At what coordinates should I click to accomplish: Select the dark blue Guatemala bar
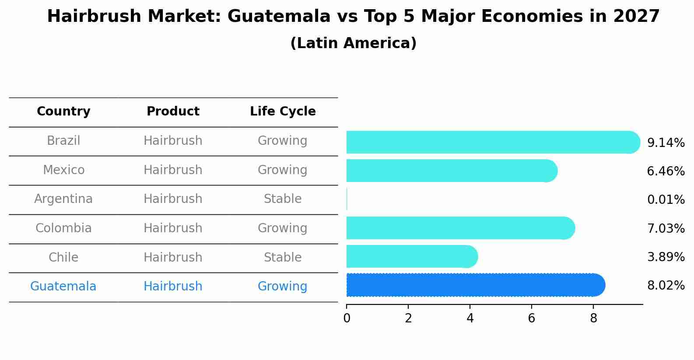[475, 285]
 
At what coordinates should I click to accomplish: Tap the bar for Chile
[411, 256]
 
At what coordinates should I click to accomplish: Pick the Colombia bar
[459, 228]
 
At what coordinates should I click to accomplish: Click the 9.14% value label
[666, 143]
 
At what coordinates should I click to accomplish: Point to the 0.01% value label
[666, 200]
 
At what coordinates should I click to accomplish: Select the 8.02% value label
[666, 286]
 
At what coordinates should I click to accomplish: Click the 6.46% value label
[666, 171]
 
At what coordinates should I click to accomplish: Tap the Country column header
[63, 112]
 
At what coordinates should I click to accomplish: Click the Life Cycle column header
[283, 112]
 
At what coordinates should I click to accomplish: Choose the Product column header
[173, 112]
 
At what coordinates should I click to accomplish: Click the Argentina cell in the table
[63, 199]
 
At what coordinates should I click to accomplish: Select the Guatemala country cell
[63, 287]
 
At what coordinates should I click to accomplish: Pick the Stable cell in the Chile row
[283, 257]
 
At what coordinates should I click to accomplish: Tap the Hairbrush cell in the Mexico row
[173, 170]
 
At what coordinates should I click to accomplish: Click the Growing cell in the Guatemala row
[283, 287]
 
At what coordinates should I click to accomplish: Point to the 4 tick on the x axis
[470, 318]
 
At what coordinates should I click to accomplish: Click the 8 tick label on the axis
[593, 318]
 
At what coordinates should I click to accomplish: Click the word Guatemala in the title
[279, 17]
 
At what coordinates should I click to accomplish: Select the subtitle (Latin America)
[353, 43]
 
